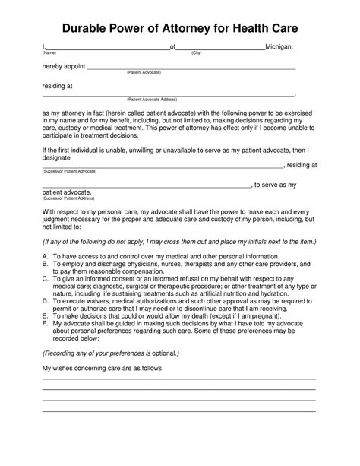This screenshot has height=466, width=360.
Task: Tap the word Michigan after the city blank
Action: point(279,47)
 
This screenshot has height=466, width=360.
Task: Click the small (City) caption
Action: point(197,53)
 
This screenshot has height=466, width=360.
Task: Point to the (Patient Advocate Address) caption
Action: point(152,100)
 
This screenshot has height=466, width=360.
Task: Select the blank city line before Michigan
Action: point(220,49)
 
